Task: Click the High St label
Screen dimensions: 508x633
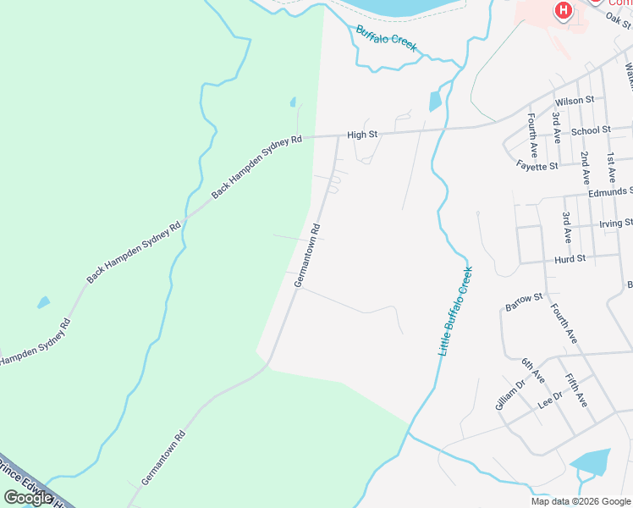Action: click(361, 135)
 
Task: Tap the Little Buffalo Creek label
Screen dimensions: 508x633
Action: click(455, 311)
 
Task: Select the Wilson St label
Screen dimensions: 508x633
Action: click(575, 101)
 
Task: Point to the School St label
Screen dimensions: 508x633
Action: click(591, 130)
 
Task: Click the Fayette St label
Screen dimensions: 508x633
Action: click(537, 166)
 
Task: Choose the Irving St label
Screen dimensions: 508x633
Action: click(615, 224)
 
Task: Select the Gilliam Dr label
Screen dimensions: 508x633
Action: click(510, 395)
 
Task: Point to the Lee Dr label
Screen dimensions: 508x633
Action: click(550, 400)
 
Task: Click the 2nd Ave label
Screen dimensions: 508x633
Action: click(585, 168)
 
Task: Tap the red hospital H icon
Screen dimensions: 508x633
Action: click(563, 11)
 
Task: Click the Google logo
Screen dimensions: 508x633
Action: click(28, 498)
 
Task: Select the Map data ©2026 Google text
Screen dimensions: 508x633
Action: click(581, 501)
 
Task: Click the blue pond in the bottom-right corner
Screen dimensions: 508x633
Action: click(591, 461)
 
